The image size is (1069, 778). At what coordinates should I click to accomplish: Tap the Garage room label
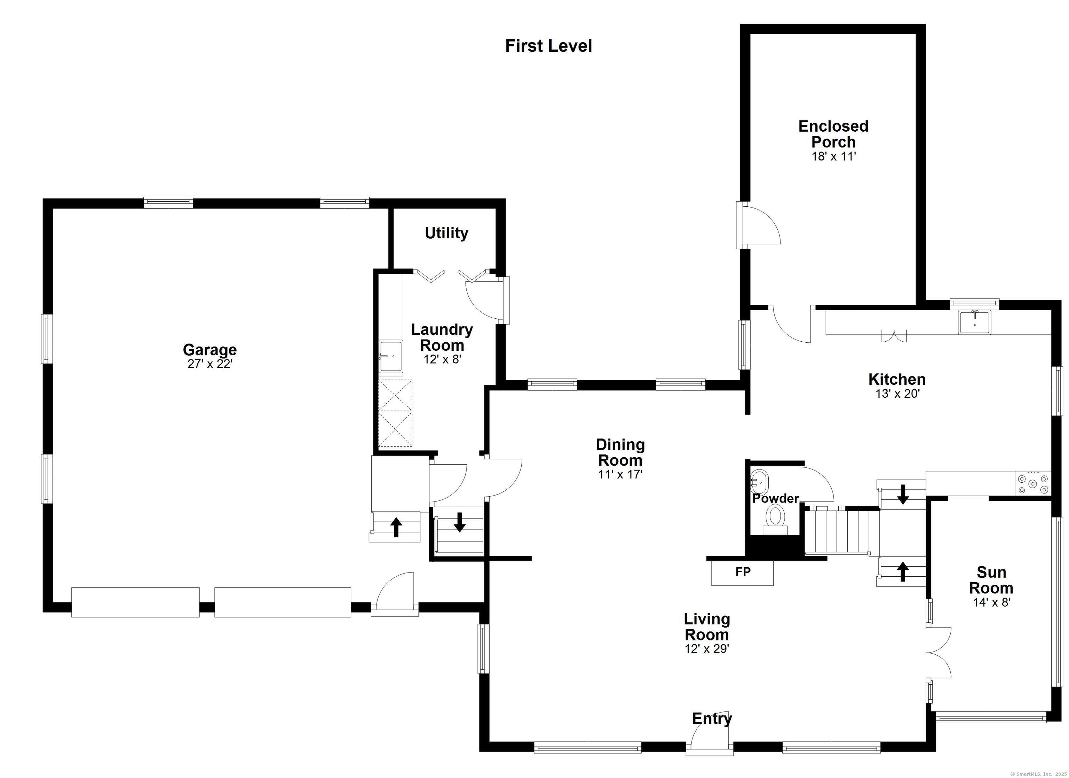point(210,350)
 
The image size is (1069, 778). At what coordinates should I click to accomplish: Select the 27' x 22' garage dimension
point(210,364)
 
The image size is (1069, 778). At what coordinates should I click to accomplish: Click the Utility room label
point(446,233)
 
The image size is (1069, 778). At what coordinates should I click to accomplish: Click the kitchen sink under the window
point(975,322)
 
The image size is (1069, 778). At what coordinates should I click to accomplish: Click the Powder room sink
point(759,482)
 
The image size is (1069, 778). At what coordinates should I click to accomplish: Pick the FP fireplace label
point(743,572)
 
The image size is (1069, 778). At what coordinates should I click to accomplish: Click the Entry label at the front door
point(712,718)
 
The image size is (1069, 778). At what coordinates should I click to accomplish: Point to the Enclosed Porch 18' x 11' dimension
point(833,157)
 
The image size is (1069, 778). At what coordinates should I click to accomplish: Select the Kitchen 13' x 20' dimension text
point(897,394)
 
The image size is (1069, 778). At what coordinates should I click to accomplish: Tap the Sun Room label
point(991,580)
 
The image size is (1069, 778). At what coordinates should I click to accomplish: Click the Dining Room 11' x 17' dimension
point(620,474)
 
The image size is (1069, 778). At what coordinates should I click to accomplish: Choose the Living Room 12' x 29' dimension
point(707,649)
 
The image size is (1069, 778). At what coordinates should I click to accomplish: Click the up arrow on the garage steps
point(396,527)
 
